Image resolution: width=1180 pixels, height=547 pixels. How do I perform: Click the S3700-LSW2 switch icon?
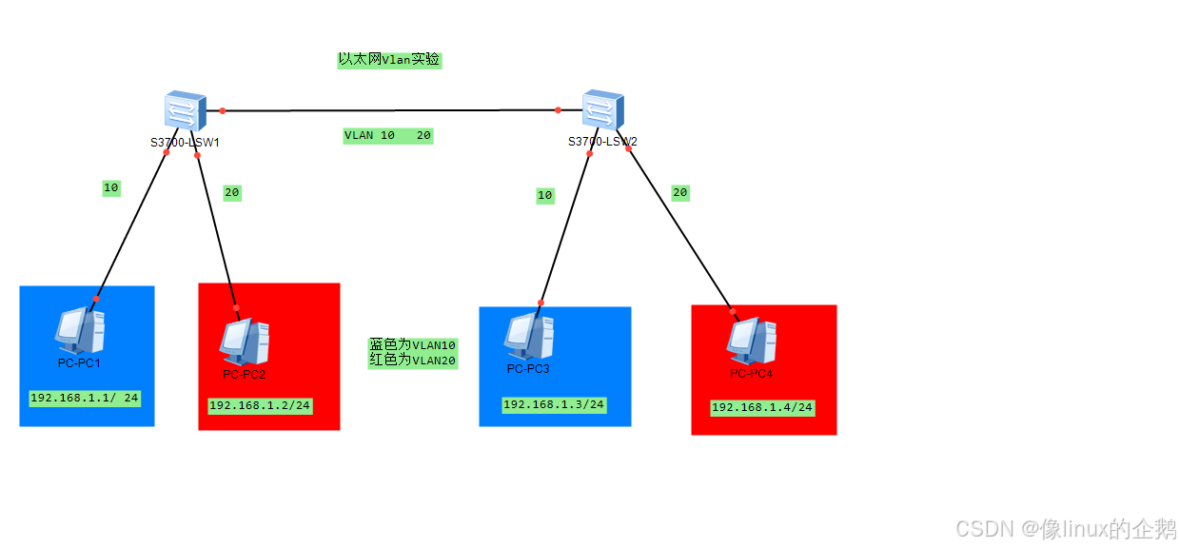click(602, 109)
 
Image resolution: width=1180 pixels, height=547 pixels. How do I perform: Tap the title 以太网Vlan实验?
click(389, 59)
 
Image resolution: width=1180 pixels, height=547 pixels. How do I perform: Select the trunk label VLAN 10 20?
click(387, 136)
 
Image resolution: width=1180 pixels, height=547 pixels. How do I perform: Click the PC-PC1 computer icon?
click(79, 329)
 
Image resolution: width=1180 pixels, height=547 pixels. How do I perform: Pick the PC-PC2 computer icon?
click(245, 342)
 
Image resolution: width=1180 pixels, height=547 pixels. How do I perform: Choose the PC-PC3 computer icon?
click(529, 336)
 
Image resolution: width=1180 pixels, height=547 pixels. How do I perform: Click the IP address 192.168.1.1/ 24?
click(85, 398)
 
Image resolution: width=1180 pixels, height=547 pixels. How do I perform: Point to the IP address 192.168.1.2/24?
click(260, 405)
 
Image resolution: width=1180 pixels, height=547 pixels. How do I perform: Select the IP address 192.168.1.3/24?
click(554, 404)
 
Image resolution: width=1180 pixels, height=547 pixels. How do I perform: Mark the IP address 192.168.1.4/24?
click(762, 407)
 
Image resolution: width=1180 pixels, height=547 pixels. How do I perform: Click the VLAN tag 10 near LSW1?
click(111, 188)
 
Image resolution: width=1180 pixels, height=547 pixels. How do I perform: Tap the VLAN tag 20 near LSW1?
click(232, 192)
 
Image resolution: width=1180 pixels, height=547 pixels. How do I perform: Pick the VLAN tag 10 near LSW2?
click(544, 195)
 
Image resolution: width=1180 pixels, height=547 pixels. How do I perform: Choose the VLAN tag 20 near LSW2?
click(679, 192)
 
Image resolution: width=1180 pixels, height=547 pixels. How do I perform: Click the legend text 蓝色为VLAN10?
click(413, 344)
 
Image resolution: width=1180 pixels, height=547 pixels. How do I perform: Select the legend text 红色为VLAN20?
click(413, 361)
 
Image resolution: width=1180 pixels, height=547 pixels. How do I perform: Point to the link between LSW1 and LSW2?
click(390, 110)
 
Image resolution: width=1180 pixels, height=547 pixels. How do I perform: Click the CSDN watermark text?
click(1066, 528)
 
